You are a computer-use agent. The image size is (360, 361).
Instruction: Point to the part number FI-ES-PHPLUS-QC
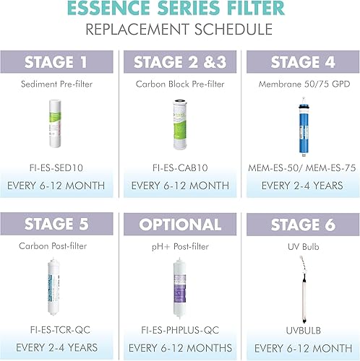pos(179,329)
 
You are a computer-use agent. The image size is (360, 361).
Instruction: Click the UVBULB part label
pos(299,329)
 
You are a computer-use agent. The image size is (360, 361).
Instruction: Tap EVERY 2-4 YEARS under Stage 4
pos(299,185)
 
